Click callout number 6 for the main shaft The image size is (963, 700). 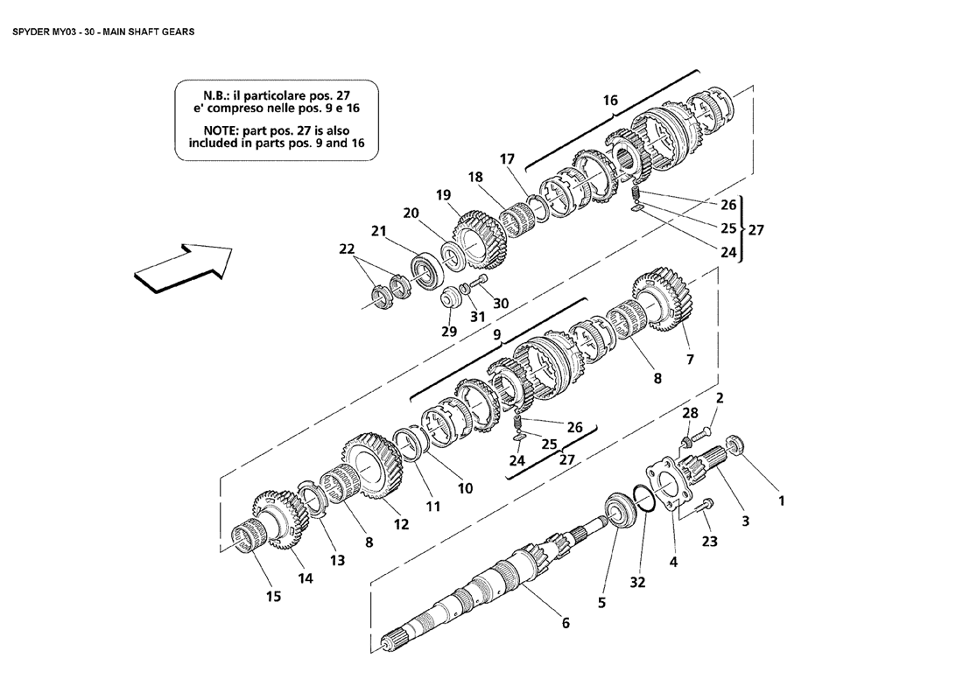click(566, 623)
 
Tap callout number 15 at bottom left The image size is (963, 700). click(274, 597)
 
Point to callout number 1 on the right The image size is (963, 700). click(782, 501)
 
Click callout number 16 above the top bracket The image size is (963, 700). click(610, 101)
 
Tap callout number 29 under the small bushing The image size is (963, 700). click(449, 332)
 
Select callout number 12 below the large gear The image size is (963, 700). click(401, 525)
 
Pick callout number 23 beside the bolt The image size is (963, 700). click(709, 542)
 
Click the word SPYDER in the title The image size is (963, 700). click(32, 31)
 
